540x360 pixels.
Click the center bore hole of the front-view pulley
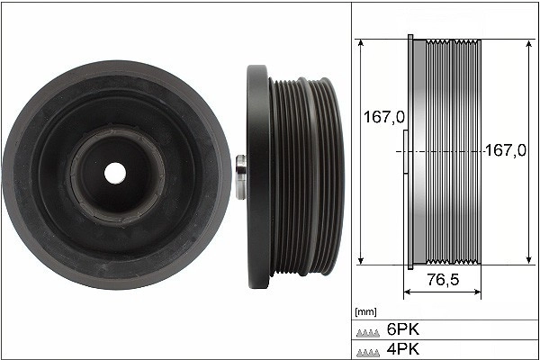click(x=115, y=170)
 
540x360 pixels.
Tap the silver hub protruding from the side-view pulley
click(x=240, y=178)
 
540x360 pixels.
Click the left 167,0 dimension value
click(x=382, y=116)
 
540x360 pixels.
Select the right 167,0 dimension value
click(x=505, y=151)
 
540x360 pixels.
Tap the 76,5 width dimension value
click(x=443, y=280)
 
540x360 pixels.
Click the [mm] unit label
click(x=366, y=312)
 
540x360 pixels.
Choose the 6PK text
click(x=402, y=329)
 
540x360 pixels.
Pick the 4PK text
click(x=402, y=348)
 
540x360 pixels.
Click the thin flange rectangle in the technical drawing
click(x=411, y=153)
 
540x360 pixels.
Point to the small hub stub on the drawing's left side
click(x=404, y=153)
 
